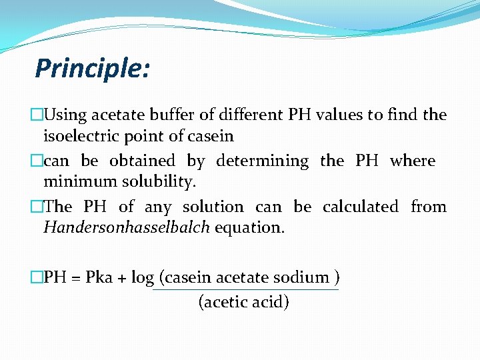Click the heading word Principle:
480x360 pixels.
point(93,68)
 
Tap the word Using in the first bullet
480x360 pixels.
point(65,115)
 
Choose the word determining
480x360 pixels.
point(263,161)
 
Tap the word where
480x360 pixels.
point(412,161)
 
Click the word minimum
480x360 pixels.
point(73,182)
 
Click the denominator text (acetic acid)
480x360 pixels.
point(244,302)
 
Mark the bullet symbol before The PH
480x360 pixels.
point(37,207)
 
